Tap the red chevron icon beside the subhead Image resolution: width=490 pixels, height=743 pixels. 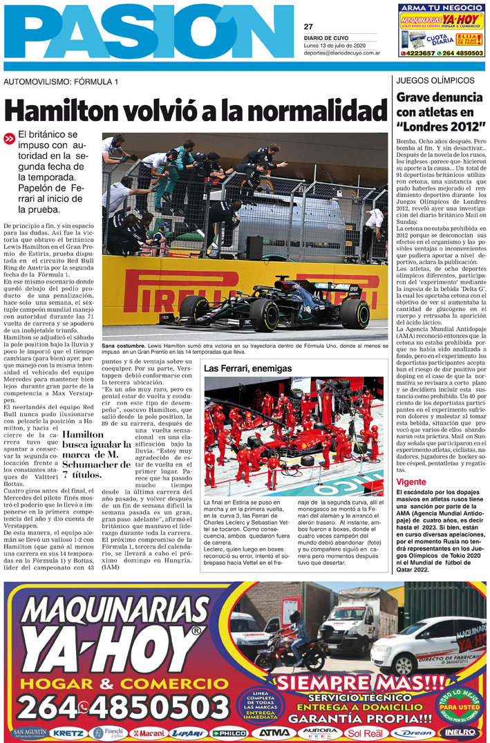[9, 138]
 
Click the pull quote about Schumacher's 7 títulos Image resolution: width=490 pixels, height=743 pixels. [97, 454]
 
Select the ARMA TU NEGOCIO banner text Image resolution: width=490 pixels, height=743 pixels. [441, 8]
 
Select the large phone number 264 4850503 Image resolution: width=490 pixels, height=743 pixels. [114, 708]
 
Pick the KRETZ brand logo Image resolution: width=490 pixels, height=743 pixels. [67, 733]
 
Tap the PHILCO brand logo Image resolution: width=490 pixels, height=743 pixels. [229, 733]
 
